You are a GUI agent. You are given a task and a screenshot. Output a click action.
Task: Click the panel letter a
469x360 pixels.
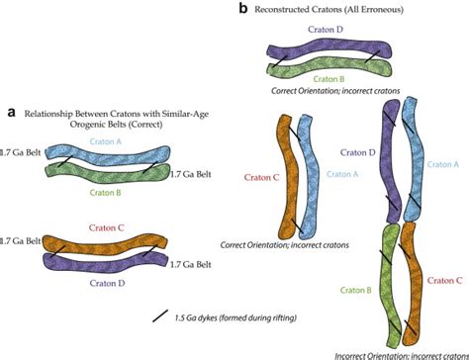pos(11,113)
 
